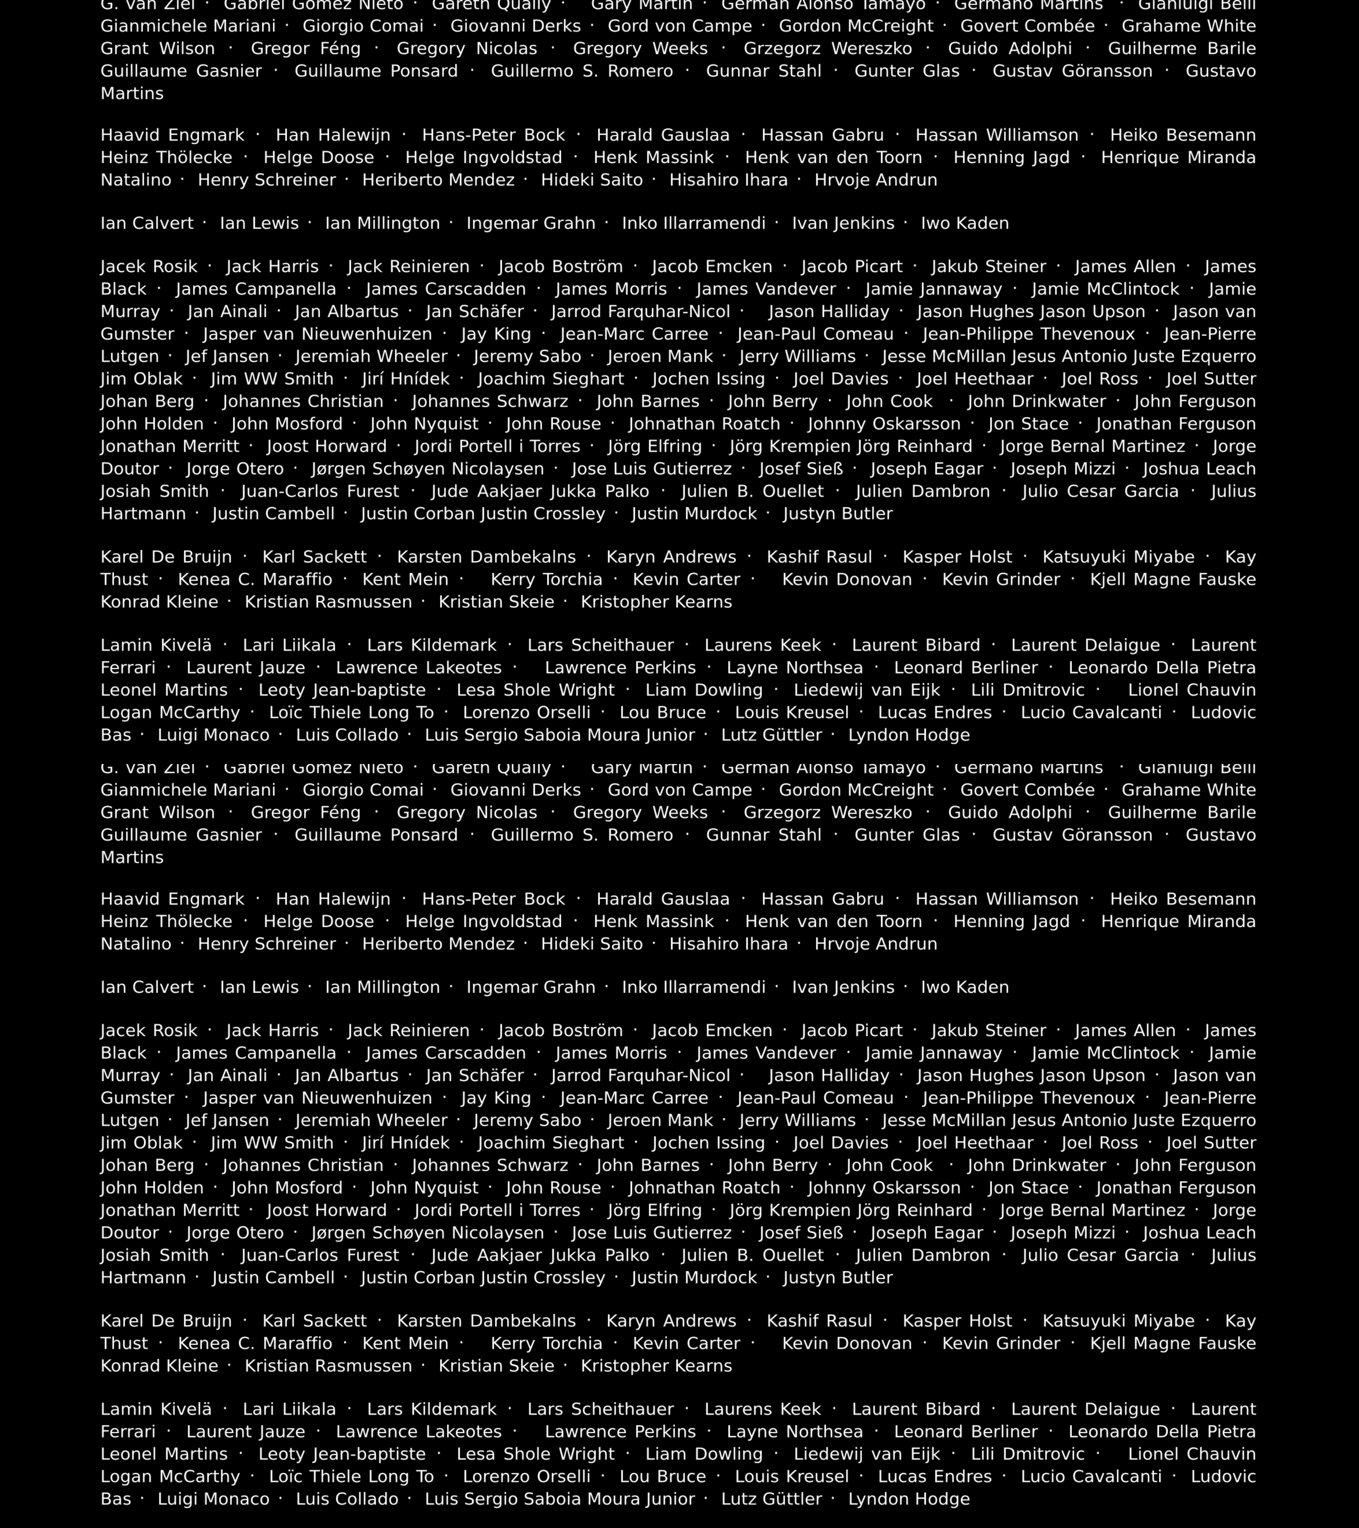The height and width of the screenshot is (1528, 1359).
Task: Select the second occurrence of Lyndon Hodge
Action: click(909, 1499)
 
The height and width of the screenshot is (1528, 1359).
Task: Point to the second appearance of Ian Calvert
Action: click(146, 987)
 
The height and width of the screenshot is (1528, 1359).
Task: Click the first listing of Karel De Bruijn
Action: click(166, 557)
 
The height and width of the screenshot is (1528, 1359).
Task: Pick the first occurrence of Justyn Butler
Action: click(838, 513)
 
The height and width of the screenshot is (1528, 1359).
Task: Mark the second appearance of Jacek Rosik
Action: click(149, 1031)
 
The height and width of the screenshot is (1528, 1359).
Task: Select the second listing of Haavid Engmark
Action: click(172, 899)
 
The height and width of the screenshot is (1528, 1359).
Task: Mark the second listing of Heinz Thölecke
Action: click(166, 922)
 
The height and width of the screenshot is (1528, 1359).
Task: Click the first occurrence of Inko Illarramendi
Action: click(693, 223)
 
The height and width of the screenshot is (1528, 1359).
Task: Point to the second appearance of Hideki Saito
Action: click(592, 944)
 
